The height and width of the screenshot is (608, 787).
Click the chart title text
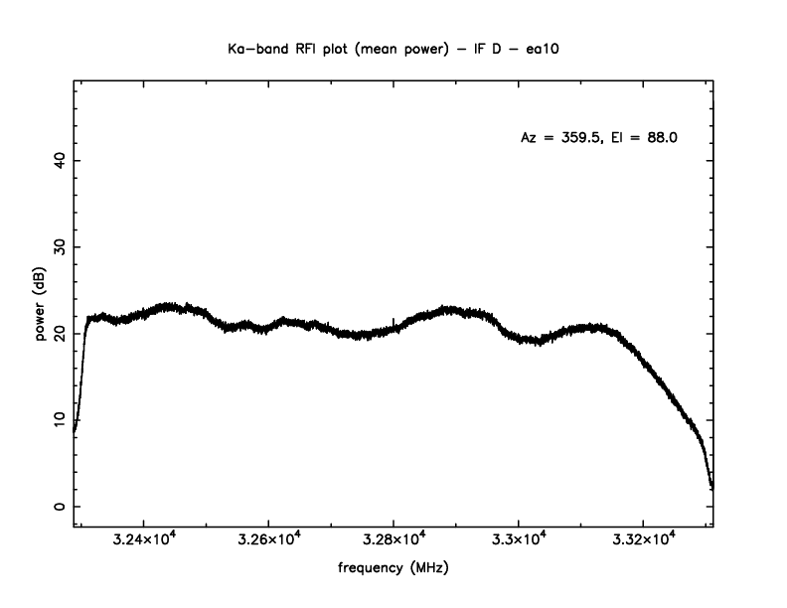(x=393, y=47)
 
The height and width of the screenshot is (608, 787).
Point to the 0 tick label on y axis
(x=59, y=507)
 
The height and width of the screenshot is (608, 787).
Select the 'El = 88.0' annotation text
(x=644, y=138)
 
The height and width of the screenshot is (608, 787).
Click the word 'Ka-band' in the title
(x=257, y=47)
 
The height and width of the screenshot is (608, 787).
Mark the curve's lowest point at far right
(x=711, y=488)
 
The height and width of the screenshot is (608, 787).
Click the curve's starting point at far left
(x=75, y=430)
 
